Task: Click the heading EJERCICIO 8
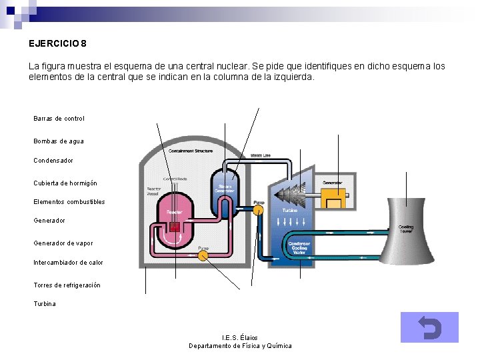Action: tap(57, 44)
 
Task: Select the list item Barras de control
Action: tap(59, 119)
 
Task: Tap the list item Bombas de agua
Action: tap(58, 141)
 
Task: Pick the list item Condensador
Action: tap(53, 161)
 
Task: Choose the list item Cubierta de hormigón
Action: tap(65, 183)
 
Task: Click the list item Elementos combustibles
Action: tap(69, 202)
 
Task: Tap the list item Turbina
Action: tap(45, 304)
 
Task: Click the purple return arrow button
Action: tap(429, 327)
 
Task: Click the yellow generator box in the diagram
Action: tap(333, 197)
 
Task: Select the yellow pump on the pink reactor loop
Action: tap(204, 255)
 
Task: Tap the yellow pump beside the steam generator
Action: tap(258, 209)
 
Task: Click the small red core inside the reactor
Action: tap(175, 228)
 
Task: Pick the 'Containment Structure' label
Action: tap(191, 151)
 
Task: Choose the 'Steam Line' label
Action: tap(261, 155)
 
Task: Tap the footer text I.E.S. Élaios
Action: tap(239, 338)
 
